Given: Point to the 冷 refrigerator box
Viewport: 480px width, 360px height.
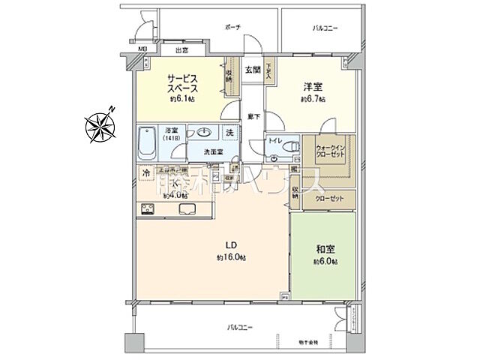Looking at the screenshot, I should click(x=145, y=174).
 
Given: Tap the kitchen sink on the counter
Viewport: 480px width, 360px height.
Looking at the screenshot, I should click(x=184, y=208).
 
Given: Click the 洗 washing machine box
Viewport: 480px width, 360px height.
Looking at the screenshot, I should click(x=231, y=133).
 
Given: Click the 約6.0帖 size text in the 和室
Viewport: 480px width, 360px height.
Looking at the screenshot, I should click(x=325, y=262).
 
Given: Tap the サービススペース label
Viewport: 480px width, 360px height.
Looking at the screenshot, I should click(x=182, y=82).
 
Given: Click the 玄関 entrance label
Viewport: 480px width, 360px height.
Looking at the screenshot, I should click(x=253, y=70).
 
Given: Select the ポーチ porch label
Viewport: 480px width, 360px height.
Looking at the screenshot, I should click(x=232, y=28).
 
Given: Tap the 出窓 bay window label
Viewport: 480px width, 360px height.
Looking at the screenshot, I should click(x=181, y=51).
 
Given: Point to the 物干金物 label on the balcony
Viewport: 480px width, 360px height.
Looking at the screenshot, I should click(x=307, y=342).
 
